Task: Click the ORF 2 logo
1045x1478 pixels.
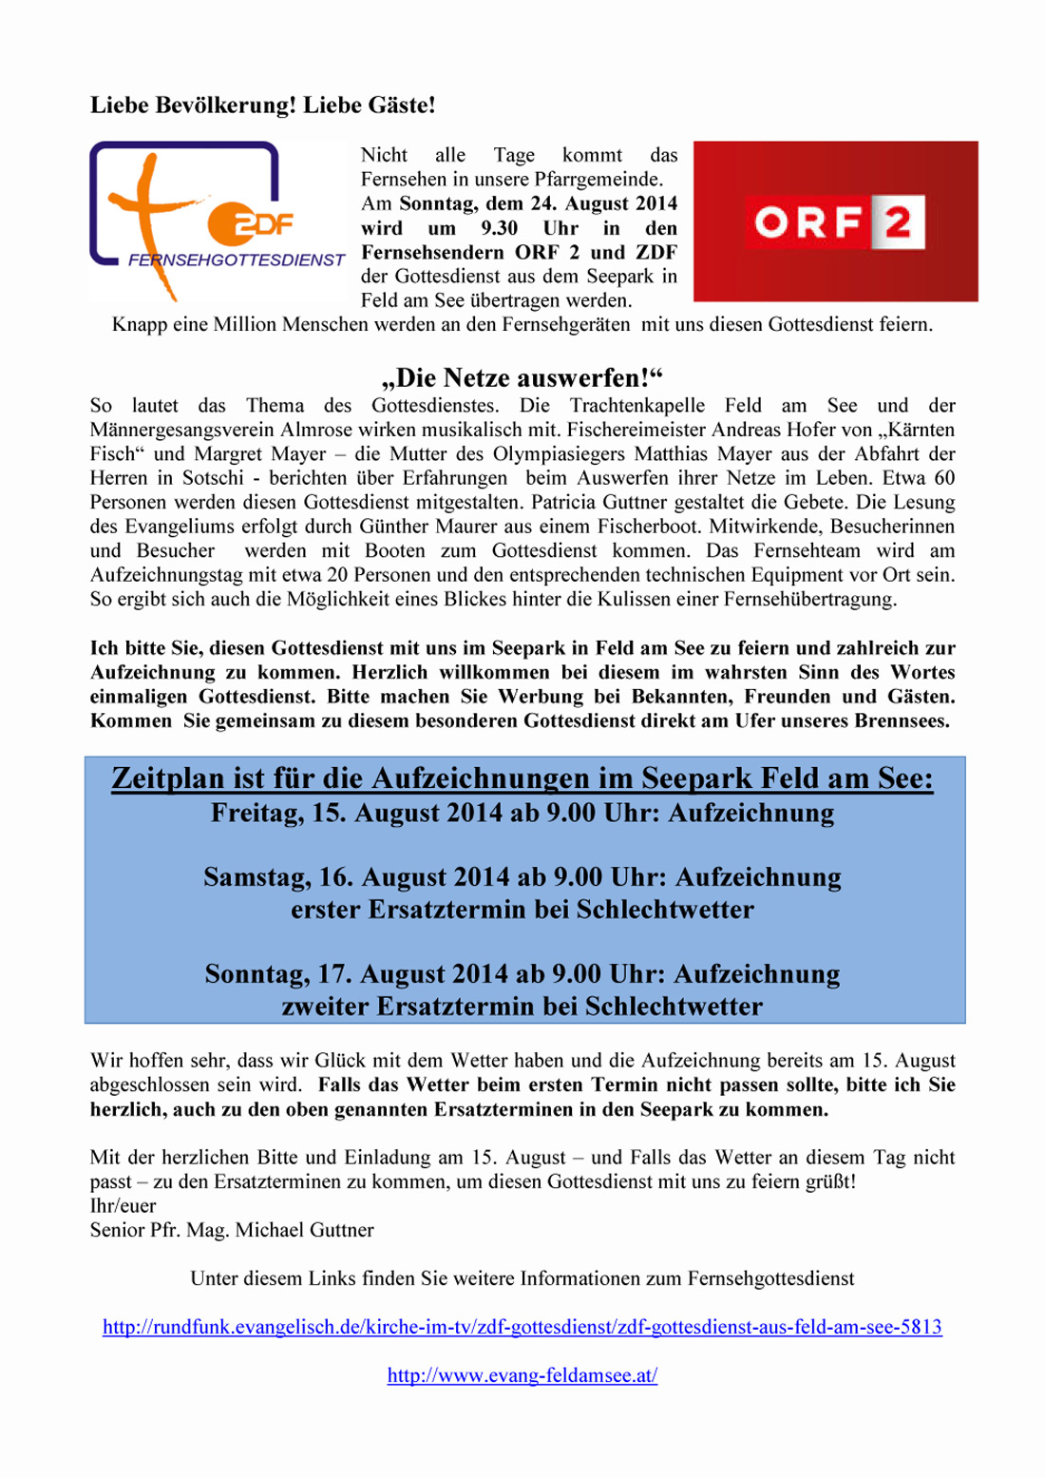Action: (836, 222)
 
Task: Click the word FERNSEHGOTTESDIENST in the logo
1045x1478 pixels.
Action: (237, 259)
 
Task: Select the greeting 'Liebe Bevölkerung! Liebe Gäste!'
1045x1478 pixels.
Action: (262, 106)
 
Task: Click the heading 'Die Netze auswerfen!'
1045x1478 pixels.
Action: (522, 377)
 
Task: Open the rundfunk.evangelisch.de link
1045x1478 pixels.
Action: (522, 1327)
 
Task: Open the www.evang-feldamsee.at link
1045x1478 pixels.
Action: (522, 1375)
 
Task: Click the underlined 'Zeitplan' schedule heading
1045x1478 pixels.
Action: (522, 778)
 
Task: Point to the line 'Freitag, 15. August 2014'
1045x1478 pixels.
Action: (522, 814)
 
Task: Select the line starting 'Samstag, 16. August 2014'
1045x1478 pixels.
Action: (522, 876)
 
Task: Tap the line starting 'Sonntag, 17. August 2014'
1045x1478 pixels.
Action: (522, 974)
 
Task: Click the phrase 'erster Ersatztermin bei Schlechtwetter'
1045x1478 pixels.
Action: (522, 910)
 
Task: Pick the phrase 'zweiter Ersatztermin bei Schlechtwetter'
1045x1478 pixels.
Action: (522, 1007)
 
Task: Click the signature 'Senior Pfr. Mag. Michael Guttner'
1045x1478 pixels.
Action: (232, 1230)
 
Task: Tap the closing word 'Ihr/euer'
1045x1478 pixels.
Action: (123, 1206)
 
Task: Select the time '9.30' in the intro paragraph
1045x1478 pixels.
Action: (499, 228)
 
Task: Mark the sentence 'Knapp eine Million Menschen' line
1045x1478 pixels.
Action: (522, 325)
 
